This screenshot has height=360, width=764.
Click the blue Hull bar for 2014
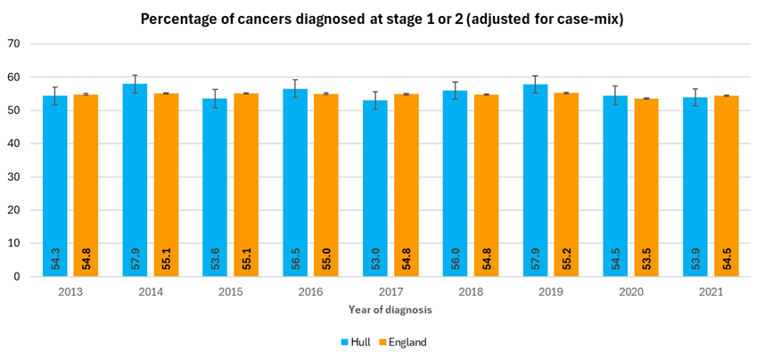(x=135, y=178)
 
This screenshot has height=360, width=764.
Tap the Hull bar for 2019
(x=535, y=178)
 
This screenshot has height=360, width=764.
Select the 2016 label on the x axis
(x=310, y=290)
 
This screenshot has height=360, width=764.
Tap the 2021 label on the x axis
(x=711, y=290)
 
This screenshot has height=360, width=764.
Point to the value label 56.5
(x=295, y=258)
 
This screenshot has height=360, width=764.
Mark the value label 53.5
(x=646, y=258)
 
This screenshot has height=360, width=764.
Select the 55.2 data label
(x=566, y=258)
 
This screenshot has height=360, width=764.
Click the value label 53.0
(x=375, y=258)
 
